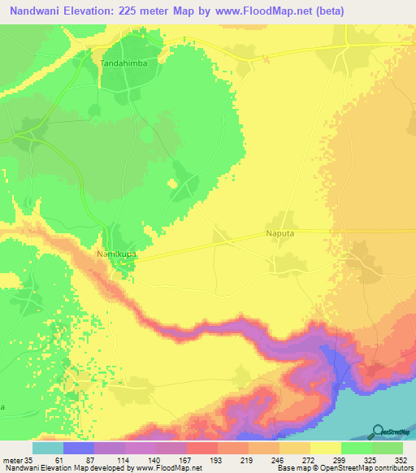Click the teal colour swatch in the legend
pyautogui.click(x=47, y=448)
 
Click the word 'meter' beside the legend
pyautogui.click(x=12, y=459)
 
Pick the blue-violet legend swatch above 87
pyautogui.click(x=78, y=448)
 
